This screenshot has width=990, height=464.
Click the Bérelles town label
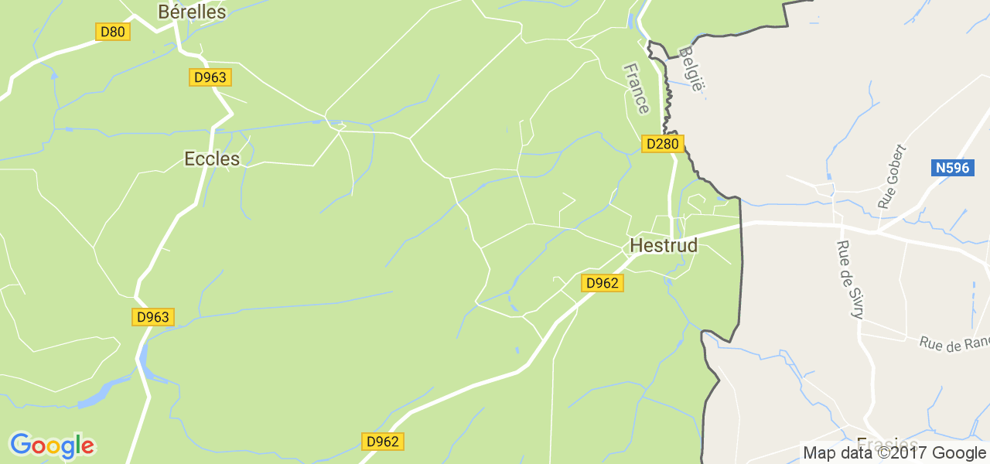click(x=192, y=12)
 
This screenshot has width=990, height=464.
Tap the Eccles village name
click(x=212, y=159)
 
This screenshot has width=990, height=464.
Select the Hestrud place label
click(x=664, y=245)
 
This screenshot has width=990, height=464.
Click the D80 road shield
click(x=112, y=32)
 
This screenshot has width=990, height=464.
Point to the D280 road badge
click(x=662, y=144)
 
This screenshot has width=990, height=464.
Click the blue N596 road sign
click(x=951, y=168)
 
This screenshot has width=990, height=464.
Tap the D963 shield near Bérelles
click(x=210, y=77)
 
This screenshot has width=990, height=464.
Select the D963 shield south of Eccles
click(x=152, y=317)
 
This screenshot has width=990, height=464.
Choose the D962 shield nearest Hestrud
click(x=602, y=283)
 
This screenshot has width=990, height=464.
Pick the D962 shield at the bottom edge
click(x=382, y=442)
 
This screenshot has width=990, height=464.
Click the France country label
click(x=637, y=88)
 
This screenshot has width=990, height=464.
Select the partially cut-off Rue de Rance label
click(x=954, y=343)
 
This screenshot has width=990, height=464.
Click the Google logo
click(x=52, y=445)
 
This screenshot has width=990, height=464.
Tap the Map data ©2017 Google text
click(x=894, y=453)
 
